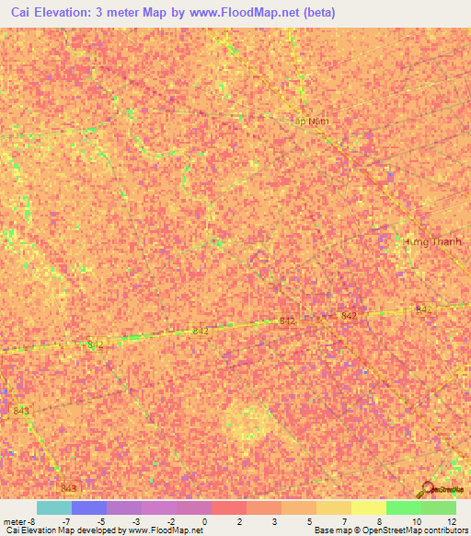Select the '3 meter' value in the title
[x=115, y=13]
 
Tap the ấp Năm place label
[x=311, y=120]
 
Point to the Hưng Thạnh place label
[x=433, y=241]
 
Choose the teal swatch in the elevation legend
[x=53, y=507]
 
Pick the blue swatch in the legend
[x=88, y=507]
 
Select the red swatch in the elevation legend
[x=228, y=507]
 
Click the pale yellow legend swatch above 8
[x=368, y=507]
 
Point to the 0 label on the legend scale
[x=205, y=521]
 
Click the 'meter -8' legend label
[x=18, y=521]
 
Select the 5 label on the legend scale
[x=310, y=521]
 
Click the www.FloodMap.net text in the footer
[x=166, y=530]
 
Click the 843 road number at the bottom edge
[x=68, y=487]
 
